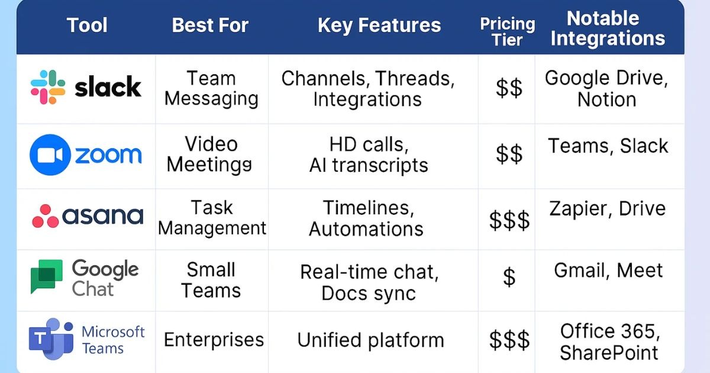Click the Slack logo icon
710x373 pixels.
point(48,88)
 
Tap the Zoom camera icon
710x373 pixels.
point(50,155)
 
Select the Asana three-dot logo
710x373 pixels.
point(46,217)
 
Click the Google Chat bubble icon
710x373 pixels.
point(47,276)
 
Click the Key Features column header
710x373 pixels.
point(379,25)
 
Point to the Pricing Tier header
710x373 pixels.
point(507,32)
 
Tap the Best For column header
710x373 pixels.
point(210,25)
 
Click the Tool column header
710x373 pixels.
point(87,25)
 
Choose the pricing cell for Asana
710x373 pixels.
point(509,220)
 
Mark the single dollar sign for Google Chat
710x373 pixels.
point(509,276)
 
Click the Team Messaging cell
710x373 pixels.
point(211,88)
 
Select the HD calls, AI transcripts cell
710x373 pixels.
point(369,155)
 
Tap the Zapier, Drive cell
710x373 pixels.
point(607,208)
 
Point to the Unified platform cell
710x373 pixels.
point(370,340)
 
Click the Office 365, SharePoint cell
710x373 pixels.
point(609,342)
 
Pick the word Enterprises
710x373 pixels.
point(214,340)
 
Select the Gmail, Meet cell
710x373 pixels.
point(608,271)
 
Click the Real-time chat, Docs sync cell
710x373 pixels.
point(369,282)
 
